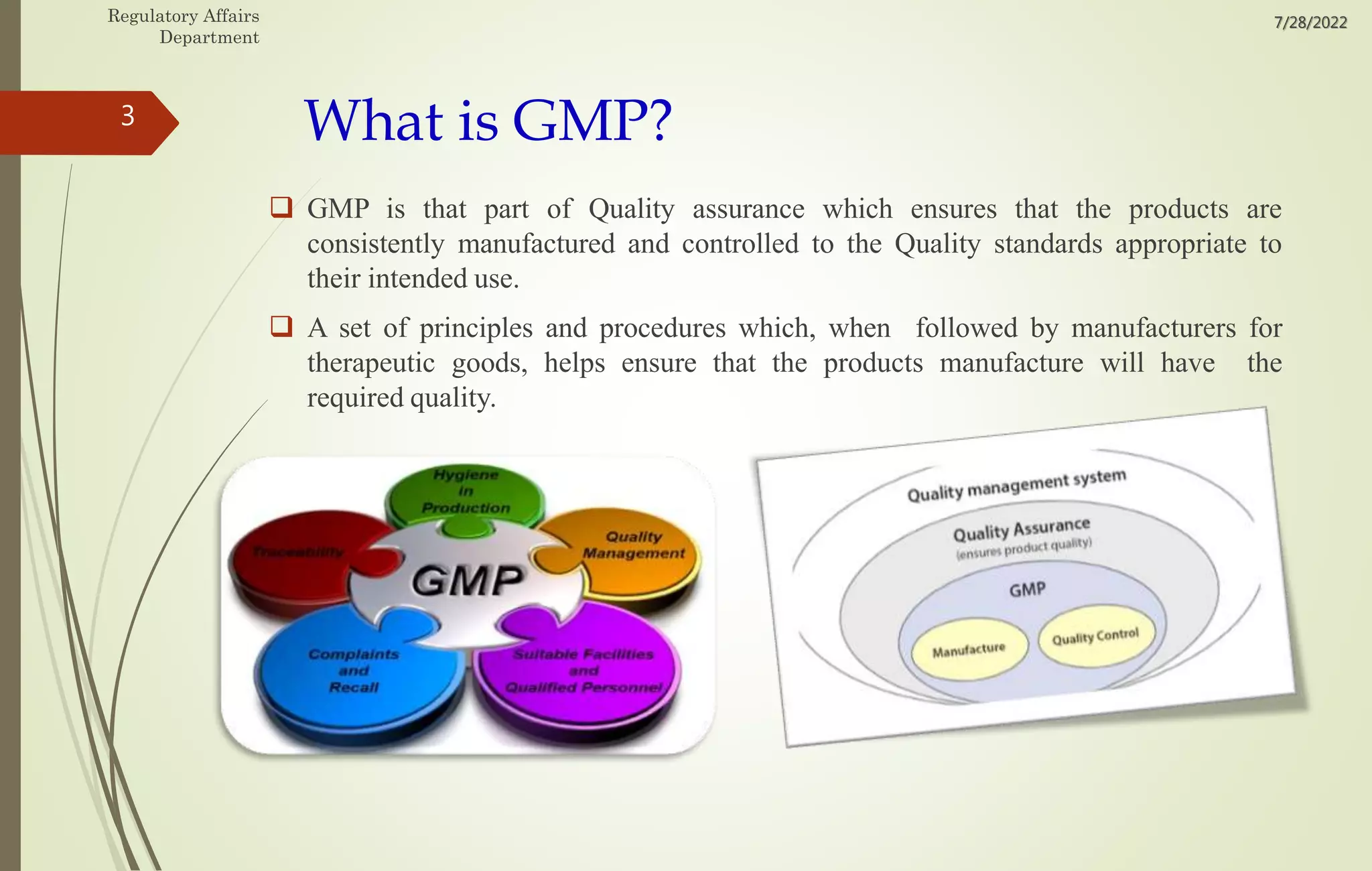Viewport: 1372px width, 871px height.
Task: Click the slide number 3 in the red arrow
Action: click(x=127, y=117)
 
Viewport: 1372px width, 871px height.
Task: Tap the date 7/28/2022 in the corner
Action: click(x=1310, y=23)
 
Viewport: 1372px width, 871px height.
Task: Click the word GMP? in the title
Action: click(x=592, y=121)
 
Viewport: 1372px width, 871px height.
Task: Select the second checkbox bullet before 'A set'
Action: click(x=281, y=326)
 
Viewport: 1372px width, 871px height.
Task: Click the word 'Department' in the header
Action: click(x=209, y=38)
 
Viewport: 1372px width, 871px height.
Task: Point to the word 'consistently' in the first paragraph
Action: click(x=375, y=244)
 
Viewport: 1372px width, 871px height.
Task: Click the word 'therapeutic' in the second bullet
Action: click(x=370, y=363)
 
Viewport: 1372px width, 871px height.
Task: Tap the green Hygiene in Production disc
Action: click(x=466, y=492)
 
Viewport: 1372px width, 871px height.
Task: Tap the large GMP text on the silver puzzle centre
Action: click(x=467, y=580)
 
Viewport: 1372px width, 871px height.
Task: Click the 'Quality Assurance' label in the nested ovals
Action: click(x=1021, y=529)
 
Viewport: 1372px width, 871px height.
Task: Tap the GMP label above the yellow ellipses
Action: click(x=1027, y=590)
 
